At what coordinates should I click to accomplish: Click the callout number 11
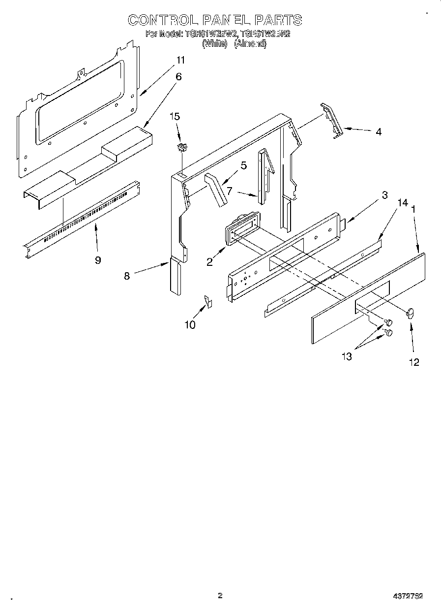click(x=181, y=60)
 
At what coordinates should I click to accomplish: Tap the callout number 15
click(x=175, y=117)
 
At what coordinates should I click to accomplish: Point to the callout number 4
click(x=378, y=131)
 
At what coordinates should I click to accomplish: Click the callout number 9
click(x=98, y=260)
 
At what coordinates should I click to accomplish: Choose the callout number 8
click(x=127, y=276)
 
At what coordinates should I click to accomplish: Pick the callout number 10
click(x=190, y=324)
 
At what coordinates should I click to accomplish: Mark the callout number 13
click(x=347, y=356)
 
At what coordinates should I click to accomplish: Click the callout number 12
click(x=414, y=362)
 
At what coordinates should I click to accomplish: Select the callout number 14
click(x=403, y=202)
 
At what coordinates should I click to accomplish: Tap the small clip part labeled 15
click(x=182, y=147)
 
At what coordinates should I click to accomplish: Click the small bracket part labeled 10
click(x=207, y=301)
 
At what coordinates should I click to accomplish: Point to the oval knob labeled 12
click(x=411, y=312)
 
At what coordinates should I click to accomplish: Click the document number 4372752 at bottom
click(x=408, y=596)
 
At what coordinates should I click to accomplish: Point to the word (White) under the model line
click(x=215, y=44)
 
